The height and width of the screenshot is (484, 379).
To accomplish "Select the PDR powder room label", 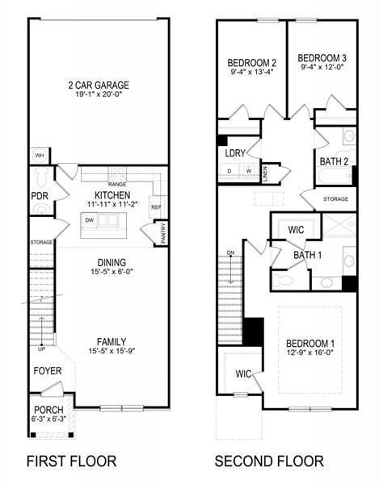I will click(38, 196).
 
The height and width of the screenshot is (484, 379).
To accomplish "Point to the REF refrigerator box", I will click(157, 207).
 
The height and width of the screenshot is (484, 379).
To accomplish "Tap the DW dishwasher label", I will click(91, 219).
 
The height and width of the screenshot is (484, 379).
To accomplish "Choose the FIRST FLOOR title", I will click(71, 461).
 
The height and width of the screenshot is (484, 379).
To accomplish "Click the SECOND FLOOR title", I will click(269, 461).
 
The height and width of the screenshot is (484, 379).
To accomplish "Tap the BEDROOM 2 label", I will click(252, 63).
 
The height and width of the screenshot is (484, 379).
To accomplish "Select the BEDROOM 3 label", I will click(322, 58).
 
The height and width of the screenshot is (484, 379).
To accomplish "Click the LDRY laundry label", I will click(234, 153).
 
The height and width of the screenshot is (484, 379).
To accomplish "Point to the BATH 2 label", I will click(334, 161).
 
